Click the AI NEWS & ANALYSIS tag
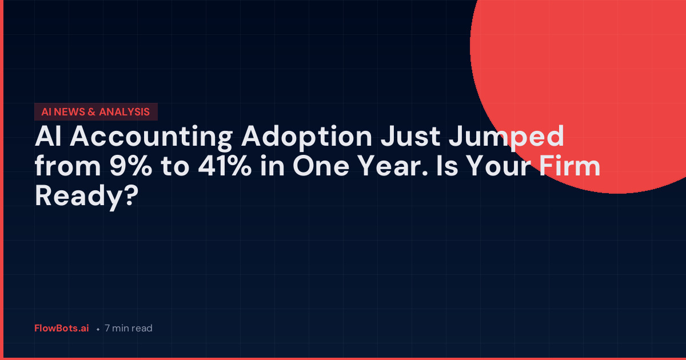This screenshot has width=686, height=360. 95,112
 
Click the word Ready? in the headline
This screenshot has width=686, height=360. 87,196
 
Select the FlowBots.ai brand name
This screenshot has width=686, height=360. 62,329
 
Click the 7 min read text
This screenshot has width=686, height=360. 129,329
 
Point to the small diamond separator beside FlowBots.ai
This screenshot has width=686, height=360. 98,330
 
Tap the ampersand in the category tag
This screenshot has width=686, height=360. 92,112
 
